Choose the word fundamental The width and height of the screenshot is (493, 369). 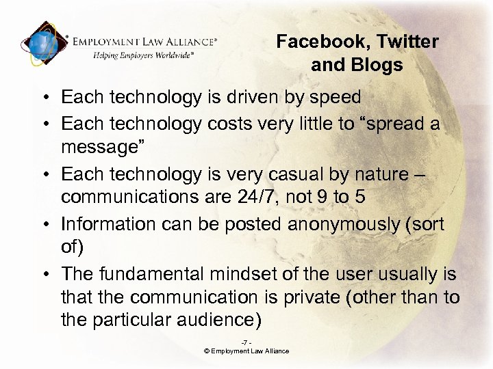pos(137,275)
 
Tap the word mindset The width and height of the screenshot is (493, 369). pos(220,275)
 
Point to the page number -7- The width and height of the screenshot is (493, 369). pos(246,342)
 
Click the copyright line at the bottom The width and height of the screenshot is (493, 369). pos(246,351)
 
